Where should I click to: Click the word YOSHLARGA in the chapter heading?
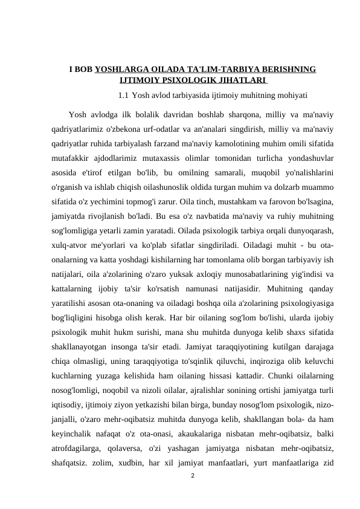coord(117,70)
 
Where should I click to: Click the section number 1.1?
coord(123,95)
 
